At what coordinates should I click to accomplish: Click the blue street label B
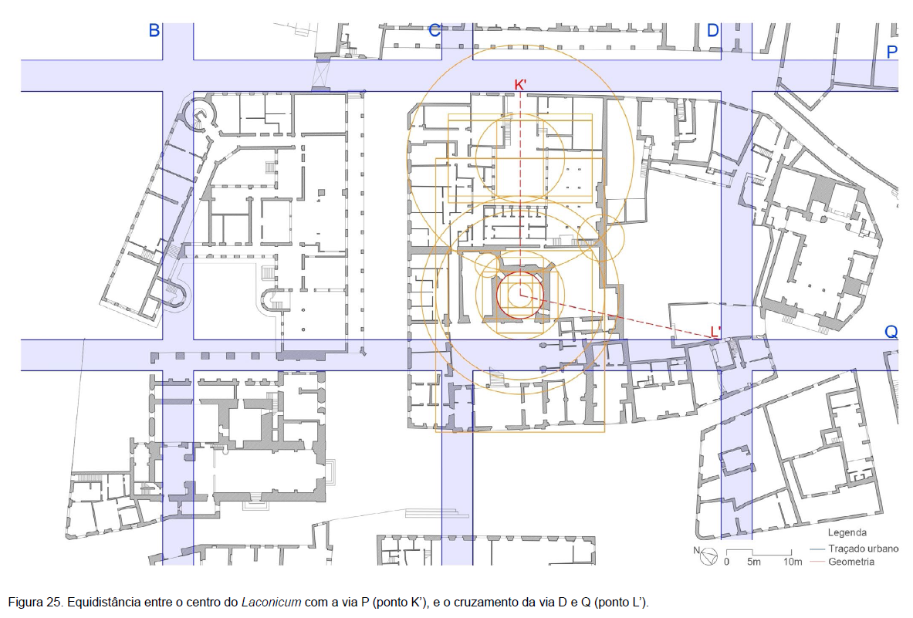coord(154,30)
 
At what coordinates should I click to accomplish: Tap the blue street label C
coord(435,30)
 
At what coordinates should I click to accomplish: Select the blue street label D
coord(712,30)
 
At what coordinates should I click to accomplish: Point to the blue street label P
coord(891,52)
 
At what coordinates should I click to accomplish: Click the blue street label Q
coord(891,332)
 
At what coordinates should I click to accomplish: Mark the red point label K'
coord(520,85)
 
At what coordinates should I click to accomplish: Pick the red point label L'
coord(715,333)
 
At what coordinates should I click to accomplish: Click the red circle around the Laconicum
coord(497,295)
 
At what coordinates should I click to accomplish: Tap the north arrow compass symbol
coord(707,556)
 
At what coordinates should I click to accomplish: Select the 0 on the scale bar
coord(726,562)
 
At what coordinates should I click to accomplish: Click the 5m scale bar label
coord(754,562)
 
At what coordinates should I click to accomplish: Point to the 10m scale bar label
coord(793,562)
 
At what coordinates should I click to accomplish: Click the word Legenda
coord(847,532)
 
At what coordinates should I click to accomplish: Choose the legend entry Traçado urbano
coord(863,548)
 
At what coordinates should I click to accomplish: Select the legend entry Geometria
coord(851,562)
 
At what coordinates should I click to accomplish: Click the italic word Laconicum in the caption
coord(272,603)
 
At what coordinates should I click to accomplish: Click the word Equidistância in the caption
coord(101,603)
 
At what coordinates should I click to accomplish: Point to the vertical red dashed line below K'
coord(520,193)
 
